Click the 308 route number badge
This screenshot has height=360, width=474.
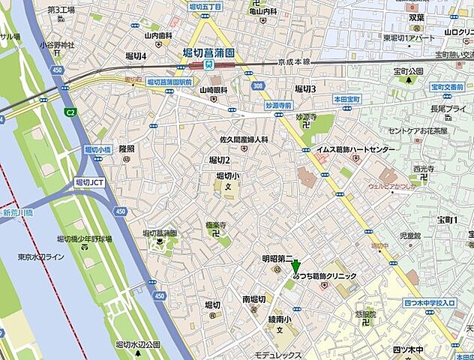pyautogui.click(x=258, y=87)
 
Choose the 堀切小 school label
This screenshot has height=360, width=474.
pyautogui.click(x=227, y=175)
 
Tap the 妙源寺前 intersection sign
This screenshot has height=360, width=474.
pyautogui.click(x=278, y=106)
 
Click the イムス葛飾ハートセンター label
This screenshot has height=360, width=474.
pyautogui.click(x=355, y=150)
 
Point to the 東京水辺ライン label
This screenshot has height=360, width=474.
pyautogui.click(x=42, y=257)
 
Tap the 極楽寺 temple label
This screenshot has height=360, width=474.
pyautogui.click(x=216, y=225)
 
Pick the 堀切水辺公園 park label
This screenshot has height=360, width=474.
pyautogui.click(x=138, y=344)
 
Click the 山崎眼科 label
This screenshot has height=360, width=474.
pyautogui.click(x=213, y=89)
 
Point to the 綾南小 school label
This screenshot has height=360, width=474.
pyautogui.click(x=280, y=317)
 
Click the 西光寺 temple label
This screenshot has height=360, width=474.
pyautogui.click(x=424, y=169)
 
